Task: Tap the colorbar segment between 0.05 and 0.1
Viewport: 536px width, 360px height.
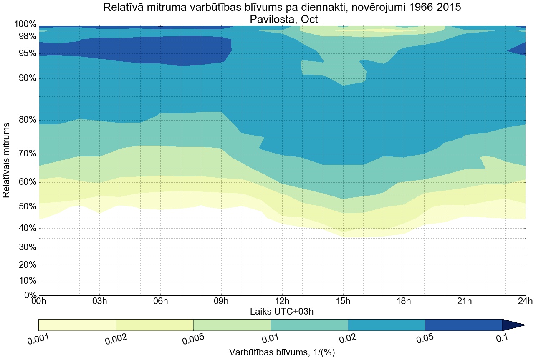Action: (x=463, y=325)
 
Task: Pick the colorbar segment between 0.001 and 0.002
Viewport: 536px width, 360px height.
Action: (x=77, y=325)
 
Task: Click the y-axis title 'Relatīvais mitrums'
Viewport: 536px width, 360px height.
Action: (x=6, y=160)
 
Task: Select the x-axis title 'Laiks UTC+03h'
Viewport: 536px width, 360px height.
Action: (x=282, y=312)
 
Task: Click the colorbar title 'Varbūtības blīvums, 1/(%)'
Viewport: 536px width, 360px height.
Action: (x=282, y=352)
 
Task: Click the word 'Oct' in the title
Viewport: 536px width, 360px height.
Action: (x=310, y=19)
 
